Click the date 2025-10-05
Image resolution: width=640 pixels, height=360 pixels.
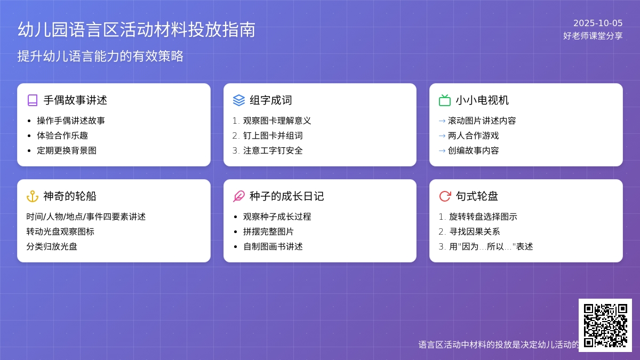coord(598,23)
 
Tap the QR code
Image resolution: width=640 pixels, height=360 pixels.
coord(605,325)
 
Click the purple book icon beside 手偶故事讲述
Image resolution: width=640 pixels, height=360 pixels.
coord(33,100)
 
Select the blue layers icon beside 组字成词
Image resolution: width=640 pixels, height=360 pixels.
coord(239,100)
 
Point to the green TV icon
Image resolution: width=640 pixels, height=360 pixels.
coord(445,100)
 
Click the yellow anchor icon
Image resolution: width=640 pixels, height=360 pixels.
coord(33,196)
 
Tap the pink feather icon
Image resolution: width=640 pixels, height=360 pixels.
coord(239,196)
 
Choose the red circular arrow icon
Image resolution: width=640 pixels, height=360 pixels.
coord(445,196)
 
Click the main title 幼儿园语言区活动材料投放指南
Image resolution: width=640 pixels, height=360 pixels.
coord(137,30)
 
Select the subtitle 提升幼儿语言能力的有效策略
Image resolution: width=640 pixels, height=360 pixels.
coord(100,56)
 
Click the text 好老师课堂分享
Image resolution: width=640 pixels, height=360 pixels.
coord(593,36)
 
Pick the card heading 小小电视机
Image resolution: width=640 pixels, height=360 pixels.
coord(482,100)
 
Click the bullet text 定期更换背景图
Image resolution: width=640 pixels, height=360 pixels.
coord(67,150)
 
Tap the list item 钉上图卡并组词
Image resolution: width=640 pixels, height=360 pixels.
coord(273,135)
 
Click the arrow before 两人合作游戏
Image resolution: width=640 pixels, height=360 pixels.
coord(442,135)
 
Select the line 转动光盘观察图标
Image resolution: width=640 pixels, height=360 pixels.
coord(60,231)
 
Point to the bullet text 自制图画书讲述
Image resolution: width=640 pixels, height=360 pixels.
coord(273,246)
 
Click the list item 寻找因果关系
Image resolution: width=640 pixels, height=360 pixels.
coord(475,231)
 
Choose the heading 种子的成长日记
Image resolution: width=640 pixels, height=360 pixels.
coord(286,196)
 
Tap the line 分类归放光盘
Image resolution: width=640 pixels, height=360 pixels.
coord(52,246)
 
